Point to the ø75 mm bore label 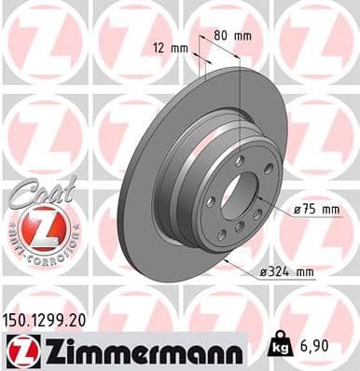click(317, 211)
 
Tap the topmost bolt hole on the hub click(240, 161)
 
